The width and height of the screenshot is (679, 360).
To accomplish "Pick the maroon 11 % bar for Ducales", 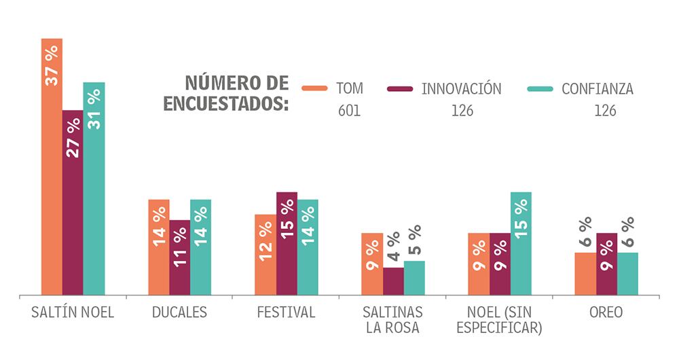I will coord(179,258).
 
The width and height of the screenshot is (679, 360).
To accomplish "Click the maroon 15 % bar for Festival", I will coord(287,245).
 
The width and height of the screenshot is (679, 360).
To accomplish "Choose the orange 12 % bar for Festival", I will coord(265,255).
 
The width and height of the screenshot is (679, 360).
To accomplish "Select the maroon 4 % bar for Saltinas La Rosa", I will coord(393,282).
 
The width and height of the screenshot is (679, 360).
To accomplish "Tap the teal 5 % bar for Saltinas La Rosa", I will coord(414,278).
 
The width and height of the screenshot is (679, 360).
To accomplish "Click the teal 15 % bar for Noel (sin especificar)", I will coord(521,245).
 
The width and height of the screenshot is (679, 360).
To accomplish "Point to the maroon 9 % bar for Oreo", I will coord(606,265).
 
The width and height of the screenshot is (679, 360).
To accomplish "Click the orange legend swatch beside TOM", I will coord(314,89).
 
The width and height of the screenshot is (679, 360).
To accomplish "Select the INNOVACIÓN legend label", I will coord(461,89).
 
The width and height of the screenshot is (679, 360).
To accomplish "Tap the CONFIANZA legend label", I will coord(598,89).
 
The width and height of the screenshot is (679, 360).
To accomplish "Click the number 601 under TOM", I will coord(349,111).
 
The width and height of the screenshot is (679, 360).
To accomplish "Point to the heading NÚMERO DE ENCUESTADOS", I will coord(236,94).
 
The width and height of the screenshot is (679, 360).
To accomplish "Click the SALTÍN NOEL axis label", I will coord(73,313).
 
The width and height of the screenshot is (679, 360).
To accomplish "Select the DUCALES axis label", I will coord(179,313).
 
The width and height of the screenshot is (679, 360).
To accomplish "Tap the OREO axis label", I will coord(606,313).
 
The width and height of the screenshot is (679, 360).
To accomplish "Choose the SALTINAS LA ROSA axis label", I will coord(393,321).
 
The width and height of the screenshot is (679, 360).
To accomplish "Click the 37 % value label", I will coord(52,67).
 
